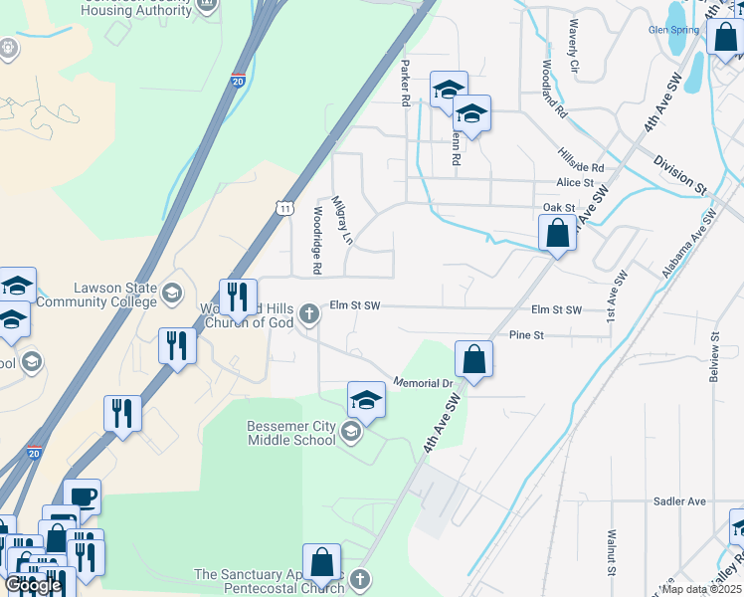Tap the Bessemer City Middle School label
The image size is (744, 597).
tap(291, 433)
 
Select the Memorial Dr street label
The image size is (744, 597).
tap(423, 382)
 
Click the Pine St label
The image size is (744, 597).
tap(526, 335)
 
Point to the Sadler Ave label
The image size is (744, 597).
tap(679, 501)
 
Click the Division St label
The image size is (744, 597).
tap(679, 174)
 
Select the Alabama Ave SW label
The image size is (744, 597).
tap(689, 244)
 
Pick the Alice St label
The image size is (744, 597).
tap(575, 183)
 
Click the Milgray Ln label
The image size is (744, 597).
tap(342, 219)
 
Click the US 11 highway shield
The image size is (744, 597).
tap(284, 207)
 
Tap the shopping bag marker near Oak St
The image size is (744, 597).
tap(557, 234)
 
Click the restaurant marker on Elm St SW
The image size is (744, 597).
tap(238, 296)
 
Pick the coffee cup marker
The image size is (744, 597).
tap(82, 496)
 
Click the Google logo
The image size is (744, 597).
tap(33, 585)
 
